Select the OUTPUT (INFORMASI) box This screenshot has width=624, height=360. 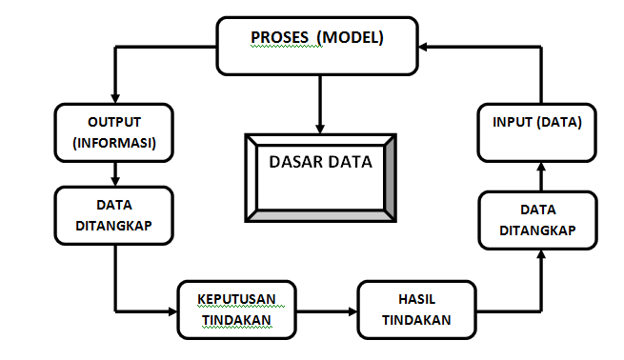point(114,132)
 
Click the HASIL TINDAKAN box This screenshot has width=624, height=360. point(415,310)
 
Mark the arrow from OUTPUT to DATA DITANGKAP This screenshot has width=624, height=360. point(114,172)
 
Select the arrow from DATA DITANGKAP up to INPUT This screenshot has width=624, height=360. point(537,176)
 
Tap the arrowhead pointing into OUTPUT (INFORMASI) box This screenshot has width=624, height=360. point(114,98)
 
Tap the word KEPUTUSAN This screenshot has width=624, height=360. point(236,299)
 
